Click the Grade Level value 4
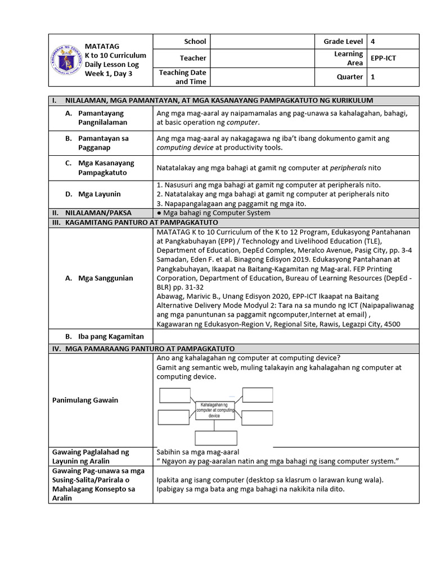click(x=372, y=42)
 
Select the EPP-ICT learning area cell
click(x=383, y=58)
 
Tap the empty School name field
click(x=262, y=42)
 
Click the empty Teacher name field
click(x=262, y=58)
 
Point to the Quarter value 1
click(x=372, y=77)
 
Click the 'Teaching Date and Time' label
click(x=182, y=77)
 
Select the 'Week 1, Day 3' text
click(x=109, y=74)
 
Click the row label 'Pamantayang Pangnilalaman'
click(x=102, y=118)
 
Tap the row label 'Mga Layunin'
click(x=100, y=194)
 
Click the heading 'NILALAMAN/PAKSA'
click(x=96, y=213)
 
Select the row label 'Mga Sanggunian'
click(x=105, y=278)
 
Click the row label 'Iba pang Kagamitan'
click(x=111, y=336)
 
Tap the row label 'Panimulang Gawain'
click(x=85, y=400)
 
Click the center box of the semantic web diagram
click(x=214, y=410)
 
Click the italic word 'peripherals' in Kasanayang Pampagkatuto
click(x=348, y=168)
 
